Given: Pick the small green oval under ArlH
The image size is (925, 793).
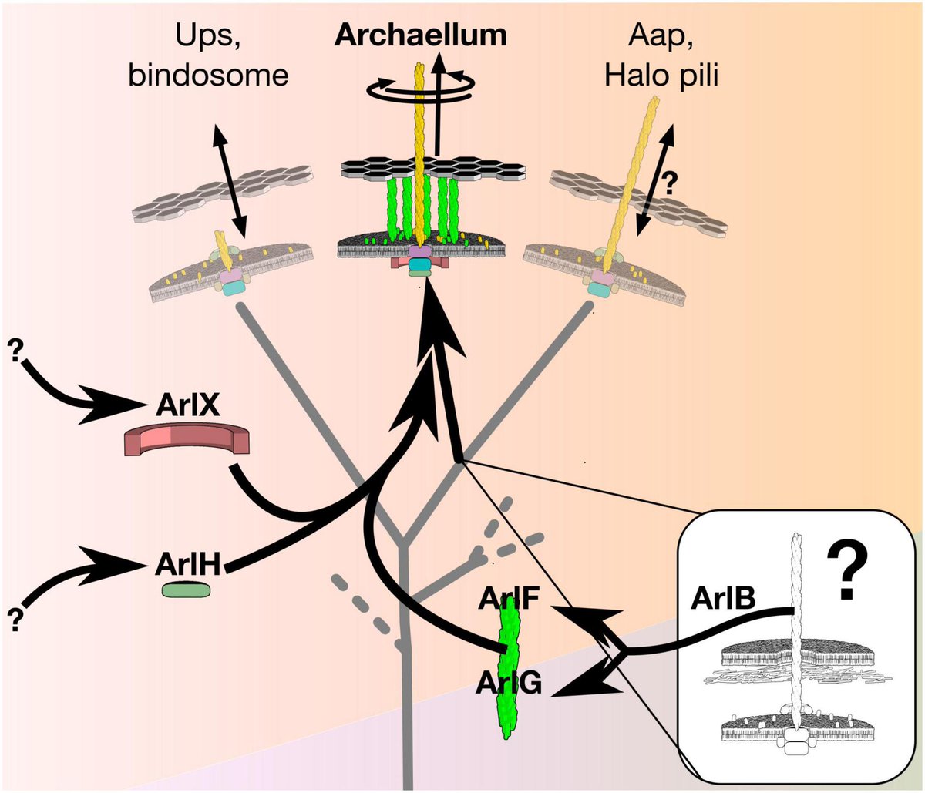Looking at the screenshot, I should point(186,590).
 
